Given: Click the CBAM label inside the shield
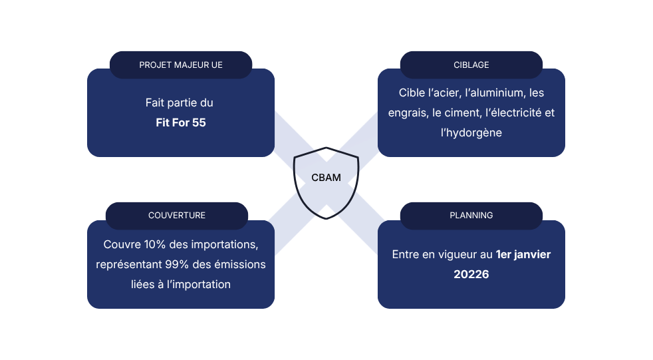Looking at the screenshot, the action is tap(326, 178).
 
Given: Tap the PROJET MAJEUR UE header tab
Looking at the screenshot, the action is tap(181, 65).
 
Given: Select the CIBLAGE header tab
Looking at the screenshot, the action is tap(471, 65).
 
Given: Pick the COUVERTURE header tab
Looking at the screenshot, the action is tap(177, 216).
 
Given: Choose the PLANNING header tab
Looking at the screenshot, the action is tap(471, 216).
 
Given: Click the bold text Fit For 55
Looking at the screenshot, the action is tap(181, 122).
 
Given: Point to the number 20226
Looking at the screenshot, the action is tap(471, 274).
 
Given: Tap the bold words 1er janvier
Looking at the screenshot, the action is tap(523, 255).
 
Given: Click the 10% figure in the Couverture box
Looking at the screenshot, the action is tap(155, 244).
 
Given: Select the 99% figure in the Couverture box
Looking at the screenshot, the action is tap(177, 264).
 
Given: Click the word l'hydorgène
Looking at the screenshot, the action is tap(471, 133).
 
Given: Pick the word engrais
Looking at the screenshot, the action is tap(407, 113).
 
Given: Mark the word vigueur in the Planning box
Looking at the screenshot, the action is tap(457, 255).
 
